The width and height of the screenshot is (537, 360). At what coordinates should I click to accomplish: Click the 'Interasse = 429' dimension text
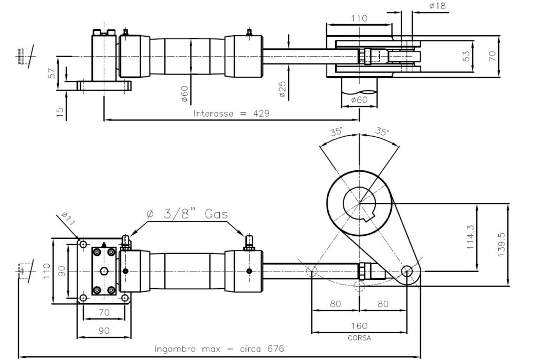[x=231, y=113]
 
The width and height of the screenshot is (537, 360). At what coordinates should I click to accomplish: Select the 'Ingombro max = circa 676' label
[x=220, y=348]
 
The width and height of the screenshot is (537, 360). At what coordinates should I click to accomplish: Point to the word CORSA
[x=359, y=338]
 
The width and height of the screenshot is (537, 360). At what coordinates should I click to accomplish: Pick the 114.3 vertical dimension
[x=470, y=236]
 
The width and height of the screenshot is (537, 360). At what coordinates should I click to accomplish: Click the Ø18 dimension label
[x=438, y=6]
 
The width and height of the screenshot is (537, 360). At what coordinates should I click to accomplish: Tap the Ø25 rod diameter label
[x=282, y=89]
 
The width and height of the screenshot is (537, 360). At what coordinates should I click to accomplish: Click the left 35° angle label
[x=336, y=132]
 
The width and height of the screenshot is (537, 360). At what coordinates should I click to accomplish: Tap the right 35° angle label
[x=383, y=132]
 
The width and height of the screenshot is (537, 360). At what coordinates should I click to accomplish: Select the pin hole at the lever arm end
[x=406, y=270]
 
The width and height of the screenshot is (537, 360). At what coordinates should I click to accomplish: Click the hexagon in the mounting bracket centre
[x=104, y=271]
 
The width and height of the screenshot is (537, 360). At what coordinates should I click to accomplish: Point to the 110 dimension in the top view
[x=359, y=18]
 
